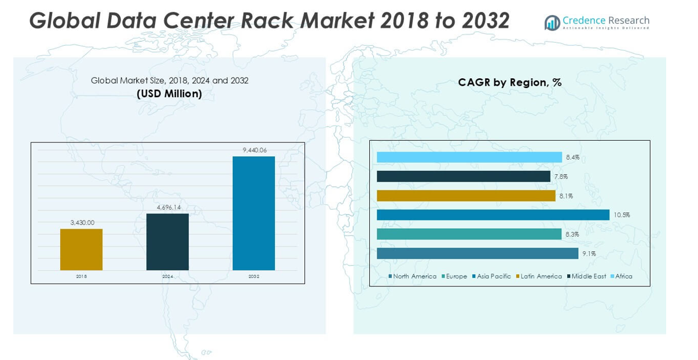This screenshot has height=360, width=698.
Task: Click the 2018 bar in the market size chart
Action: pos(81,249)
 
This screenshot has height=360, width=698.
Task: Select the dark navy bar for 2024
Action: pos(167,242)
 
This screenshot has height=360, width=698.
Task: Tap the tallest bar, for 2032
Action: pos(254,213)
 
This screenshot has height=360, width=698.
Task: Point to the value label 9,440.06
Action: pos(255,150)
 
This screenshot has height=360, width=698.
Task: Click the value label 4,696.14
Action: pos(168,207)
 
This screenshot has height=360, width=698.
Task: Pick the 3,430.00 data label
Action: pos(82,222)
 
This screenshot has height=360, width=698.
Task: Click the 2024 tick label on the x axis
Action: pos(167,277)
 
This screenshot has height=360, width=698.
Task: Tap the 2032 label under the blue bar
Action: pos(254,277)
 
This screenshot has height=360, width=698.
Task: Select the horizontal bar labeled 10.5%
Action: pos(493,215)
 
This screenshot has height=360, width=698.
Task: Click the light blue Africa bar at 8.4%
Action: pos(469,157)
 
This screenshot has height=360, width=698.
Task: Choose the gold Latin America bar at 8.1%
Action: pos(466,196)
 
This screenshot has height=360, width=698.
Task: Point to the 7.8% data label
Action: pos(561,177)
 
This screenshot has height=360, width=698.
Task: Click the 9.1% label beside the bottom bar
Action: pos(589,254)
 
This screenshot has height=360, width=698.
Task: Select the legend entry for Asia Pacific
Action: pos(491,276)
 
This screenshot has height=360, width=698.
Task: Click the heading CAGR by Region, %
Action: pos(509,82)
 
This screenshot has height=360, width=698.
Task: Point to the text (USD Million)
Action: pos(169,93)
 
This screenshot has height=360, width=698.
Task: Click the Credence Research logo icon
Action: pos(552,23)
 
